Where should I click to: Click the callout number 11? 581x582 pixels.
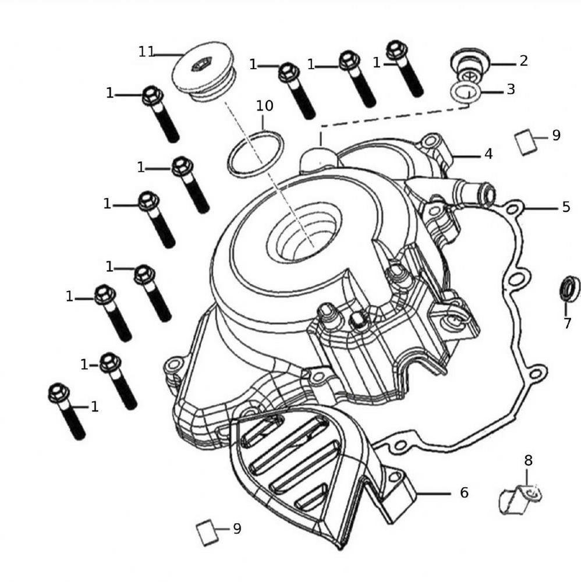point(146,52)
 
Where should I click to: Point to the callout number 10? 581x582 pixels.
point(264,106)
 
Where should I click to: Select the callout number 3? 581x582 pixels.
point(511,90)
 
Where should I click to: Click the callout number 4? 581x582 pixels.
point(488,154)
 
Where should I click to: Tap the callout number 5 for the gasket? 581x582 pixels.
point(566,207)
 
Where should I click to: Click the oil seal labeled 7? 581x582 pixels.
point(569,289)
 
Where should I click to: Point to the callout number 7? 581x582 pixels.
point(568,324)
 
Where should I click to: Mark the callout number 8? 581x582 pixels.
point(528,461)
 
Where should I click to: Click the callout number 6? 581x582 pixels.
point(463,493)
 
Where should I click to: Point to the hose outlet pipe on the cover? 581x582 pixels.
point(474,191)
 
